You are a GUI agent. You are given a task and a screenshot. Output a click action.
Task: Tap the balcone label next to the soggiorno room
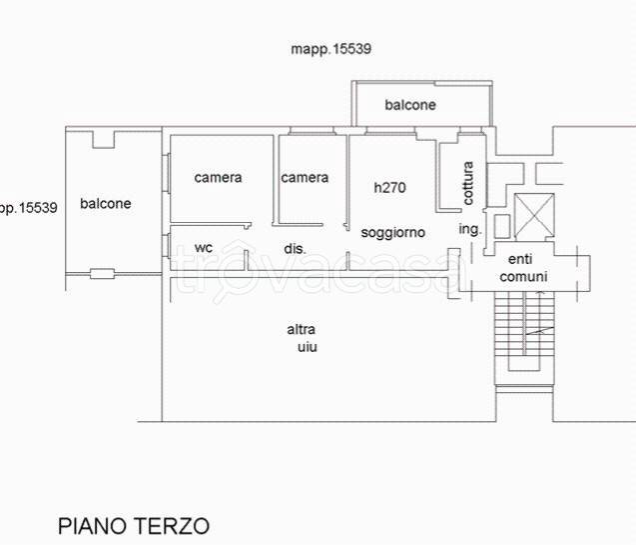(x=410, y=105)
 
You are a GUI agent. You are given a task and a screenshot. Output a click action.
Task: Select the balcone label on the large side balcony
(x=106, y=203)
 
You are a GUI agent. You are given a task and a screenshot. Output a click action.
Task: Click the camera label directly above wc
(x=218, y=178)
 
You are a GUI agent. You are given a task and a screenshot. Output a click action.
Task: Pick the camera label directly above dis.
(x=304, y=178)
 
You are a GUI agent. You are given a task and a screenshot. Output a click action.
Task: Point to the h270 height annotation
(x=389, y=187)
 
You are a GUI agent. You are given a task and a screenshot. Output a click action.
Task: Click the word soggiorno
(x=393, y=232)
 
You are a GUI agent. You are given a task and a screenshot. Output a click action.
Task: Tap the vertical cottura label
(x=468, y=183)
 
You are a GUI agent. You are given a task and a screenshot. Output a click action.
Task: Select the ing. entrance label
(x=469, y=229)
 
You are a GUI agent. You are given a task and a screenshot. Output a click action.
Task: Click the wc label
(x=203, y=247)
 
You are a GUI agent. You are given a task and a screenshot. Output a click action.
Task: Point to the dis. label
(x=295, y=248)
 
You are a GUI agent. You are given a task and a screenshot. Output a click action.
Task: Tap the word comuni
(x=523, y=276)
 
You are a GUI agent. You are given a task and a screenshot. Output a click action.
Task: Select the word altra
(x=302, y=330)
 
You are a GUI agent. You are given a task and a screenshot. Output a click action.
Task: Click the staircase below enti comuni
(x=523, y=335)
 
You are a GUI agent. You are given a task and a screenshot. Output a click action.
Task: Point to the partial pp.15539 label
(x=28, y=208)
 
